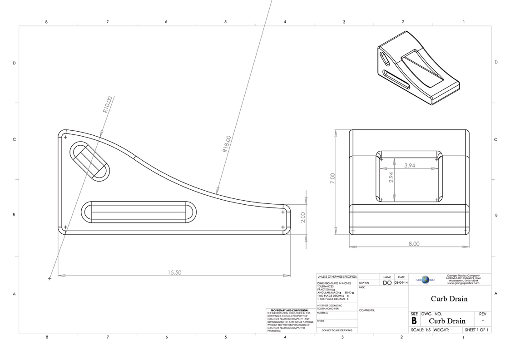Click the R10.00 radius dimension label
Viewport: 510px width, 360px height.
tap(107, 104)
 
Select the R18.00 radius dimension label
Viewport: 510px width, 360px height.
tap(227, 144)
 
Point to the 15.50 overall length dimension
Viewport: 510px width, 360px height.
tap(174, 272)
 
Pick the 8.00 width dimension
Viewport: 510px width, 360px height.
tap(414, 244)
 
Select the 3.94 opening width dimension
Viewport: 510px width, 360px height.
tap(410, 166)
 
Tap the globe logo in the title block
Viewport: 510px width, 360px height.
tap(425, 280)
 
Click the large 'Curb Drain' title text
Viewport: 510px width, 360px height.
tap(449, 299)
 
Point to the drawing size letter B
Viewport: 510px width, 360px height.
tap(414, 321)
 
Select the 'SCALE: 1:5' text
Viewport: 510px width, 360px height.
tap(421, 330)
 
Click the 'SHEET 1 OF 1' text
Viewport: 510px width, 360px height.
tap(476, 330)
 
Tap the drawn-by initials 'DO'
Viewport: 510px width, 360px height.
tap(387, 283)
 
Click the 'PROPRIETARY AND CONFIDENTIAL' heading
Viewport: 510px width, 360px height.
tap(289, 311)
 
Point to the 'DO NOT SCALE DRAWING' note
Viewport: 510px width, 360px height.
tap(337, 330)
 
